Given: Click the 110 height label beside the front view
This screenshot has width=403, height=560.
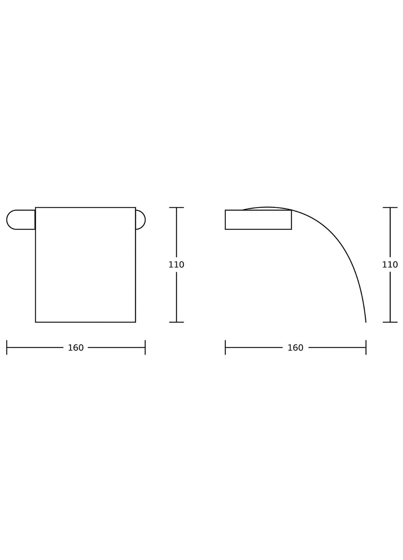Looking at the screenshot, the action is click(x=176, y=264).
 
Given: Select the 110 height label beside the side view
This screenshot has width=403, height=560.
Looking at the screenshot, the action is click(x=390, y=264).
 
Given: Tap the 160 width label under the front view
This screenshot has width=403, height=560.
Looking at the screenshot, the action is click(x=76, y=348).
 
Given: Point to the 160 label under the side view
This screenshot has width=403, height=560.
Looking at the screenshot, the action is click(x=295, y=348).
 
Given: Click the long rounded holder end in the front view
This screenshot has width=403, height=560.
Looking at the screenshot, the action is click(x=21, y=219).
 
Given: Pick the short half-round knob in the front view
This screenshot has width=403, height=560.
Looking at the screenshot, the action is click(x=141, y=219).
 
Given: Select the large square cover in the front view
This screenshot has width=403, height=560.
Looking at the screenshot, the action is click(x=86, y=265).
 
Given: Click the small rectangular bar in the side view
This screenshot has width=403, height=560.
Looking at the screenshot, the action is click(x=258, y=219).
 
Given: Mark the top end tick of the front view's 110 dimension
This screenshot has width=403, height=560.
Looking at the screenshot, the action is click(x=176, y=208).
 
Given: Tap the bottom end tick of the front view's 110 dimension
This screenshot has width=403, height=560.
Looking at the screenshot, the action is click(x=176, y=322).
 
